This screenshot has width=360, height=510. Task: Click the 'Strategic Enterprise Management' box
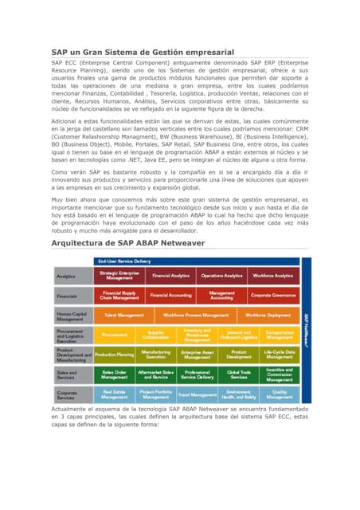(119, 276)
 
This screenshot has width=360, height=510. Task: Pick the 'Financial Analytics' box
(170, 276)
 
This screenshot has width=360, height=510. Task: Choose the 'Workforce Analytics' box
(273, 276)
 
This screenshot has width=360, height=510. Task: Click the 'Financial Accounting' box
(170, 296)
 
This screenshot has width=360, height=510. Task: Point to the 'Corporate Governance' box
(273, 296)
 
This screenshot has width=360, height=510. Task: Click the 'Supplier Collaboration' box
(155, 335)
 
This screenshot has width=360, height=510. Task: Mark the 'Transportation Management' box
(280, 335)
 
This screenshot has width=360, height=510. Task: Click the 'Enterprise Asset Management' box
(197, 355)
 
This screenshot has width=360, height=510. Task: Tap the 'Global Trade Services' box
(238, 374)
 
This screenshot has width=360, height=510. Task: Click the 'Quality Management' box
(280, 394)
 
